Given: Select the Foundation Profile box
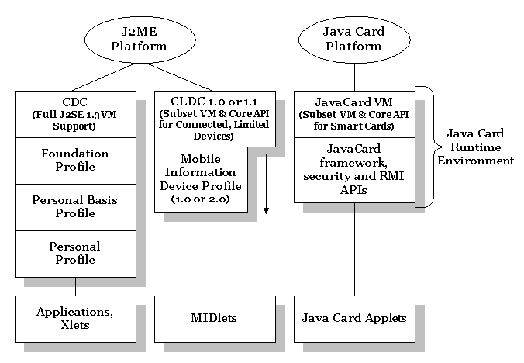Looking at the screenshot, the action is [75, 161].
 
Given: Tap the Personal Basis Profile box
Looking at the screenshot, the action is [75, 207].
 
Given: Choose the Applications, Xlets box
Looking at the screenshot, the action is [75, 319].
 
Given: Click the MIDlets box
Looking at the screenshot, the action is [215, 319].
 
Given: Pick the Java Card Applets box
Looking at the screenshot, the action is [354, 319].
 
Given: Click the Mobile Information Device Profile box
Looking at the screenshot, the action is [202, 179].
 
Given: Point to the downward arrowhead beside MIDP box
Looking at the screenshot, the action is [266, 210].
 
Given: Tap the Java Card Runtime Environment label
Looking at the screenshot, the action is [475, 147].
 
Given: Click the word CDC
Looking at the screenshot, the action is [75, 102].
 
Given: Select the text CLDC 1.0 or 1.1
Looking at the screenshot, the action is [214, 102].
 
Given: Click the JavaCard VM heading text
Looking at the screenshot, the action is [354, 102].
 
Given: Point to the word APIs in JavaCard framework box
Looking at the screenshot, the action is [353, 190].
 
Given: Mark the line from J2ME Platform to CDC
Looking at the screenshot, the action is [103, 77].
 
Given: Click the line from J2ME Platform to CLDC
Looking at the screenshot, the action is [180, 77].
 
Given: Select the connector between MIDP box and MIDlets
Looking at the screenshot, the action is [215, 254].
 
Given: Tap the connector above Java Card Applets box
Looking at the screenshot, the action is [354, 249].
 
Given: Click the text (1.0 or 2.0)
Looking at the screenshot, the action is [201, 199].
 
